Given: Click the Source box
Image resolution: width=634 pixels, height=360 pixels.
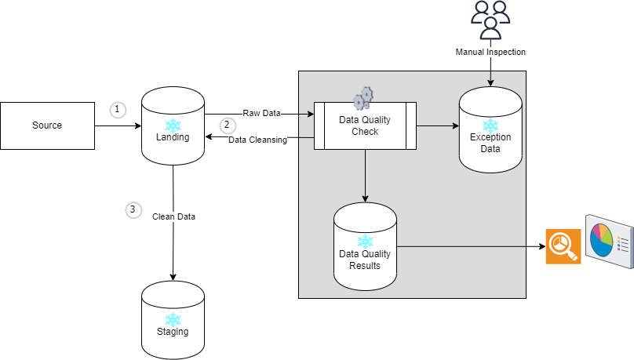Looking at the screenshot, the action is (47, 125).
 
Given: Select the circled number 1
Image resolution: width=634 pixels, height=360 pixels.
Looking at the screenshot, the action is (118, 110).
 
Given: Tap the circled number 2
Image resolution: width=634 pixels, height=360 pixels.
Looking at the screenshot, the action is (228, 125).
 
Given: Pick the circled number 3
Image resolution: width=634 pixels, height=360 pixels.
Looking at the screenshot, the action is (133, 209).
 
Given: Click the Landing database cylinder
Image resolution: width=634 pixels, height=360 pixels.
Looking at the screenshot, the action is (173, 125).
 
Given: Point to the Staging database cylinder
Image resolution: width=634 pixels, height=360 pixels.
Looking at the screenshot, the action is (173, 320).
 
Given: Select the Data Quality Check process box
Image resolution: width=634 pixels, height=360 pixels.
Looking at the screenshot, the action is (365, 125).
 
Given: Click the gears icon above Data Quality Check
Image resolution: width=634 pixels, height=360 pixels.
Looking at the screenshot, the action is (363, 98).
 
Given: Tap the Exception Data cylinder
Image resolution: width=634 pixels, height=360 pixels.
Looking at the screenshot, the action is (490, 129).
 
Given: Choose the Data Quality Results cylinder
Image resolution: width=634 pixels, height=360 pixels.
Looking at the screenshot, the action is (365, 246).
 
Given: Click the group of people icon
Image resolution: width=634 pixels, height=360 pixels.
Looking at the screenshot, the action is (490, 20).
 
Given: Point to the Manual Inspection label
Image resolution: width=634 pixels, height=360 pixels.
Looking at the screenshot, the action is (490, 52).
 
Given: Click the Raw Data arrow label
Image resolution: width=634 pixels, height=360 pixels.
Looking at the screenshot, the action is (261, 114).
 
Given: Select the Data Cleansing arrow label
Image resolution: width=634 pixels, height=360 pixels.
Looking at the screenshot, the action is (257, 140).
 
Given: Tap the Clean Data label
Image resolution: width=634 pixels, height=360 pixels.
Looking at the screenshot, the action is (173, 216).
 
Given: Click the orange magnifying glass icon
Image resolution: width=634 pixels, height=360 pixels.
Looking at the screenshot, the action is (563, 246).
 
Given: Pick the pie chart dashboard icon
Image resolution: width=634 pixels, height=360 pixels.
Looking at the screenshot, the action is (610, 242).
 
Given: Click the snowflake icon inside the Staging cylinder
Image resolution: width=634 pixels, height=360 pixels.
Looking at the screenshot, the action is (173, 319).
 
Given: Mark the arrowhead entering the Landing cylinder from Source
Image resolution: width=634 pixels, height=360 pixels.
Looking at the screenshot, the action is (138, 126).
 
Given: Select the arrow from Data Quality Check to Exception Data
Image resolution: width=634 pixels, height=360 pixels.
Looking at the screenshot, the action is (438, 126).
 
